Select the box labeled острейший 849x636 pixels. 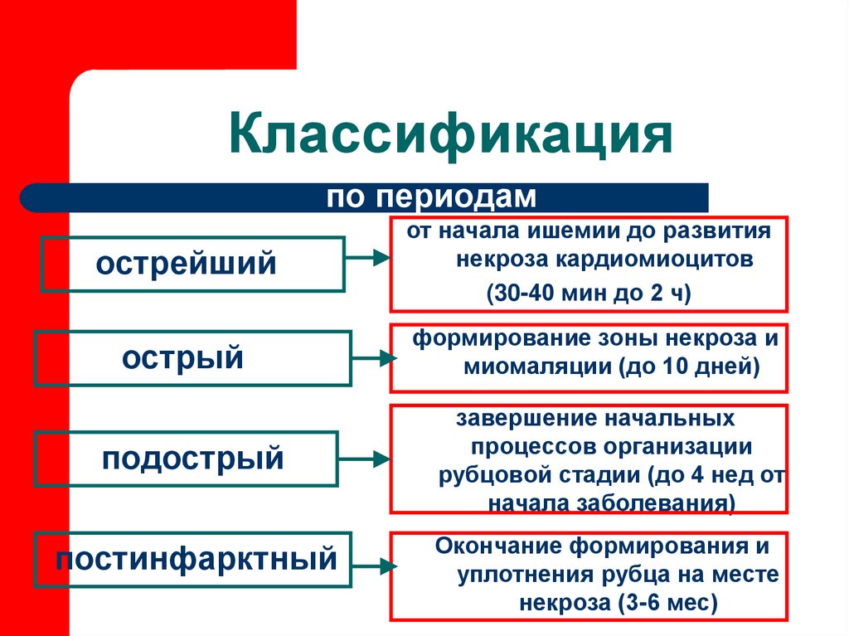[x=192, y=265]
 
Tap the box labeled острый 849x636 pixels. [x=192, y=358]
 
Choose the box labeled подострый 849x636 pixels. [x=186, y=459]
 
